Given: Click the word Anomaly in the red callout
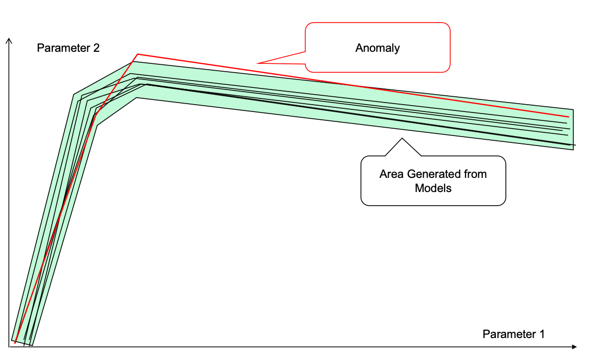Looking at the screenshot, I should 377,48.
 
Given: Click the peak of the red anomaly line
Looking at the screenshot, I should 137,54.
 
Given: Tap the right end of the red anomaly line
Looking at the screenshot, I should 569,116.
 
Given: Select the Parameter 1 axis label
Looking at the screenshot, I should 513,334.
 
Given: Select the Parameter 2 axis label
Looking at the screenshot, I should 68,48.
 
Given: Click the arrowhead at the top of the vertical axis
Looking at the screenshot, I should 9,40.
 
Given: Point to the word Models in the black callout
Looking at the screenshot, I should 433,188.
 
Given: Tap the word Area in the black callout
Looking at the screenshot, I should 391,174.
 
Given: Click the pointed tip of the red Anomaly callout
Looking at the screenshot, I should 258,63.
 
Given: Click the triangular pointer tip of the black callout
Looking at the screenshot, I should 402,138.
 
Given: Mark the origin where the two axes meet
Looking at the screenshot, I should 9,346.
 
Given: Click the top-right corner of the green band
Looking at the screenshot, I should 573,109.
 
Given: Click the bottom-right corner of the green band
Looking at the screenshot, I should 573,150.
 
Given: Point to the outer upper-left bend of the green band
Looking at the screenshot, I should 74,95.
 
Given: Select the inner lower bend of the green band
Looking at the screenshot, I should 97,125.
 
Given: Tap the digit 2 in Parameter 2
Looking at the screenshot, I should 96,48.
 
